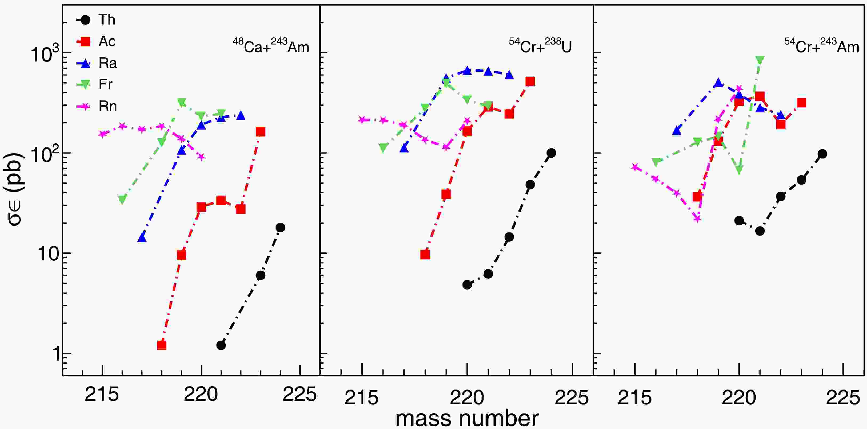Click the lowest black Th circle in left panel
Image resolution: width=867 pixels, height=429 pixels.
click(x=221, y=345)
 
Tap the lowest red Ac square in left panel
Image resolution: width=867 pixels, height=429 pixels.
click(x=162, y=345)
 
